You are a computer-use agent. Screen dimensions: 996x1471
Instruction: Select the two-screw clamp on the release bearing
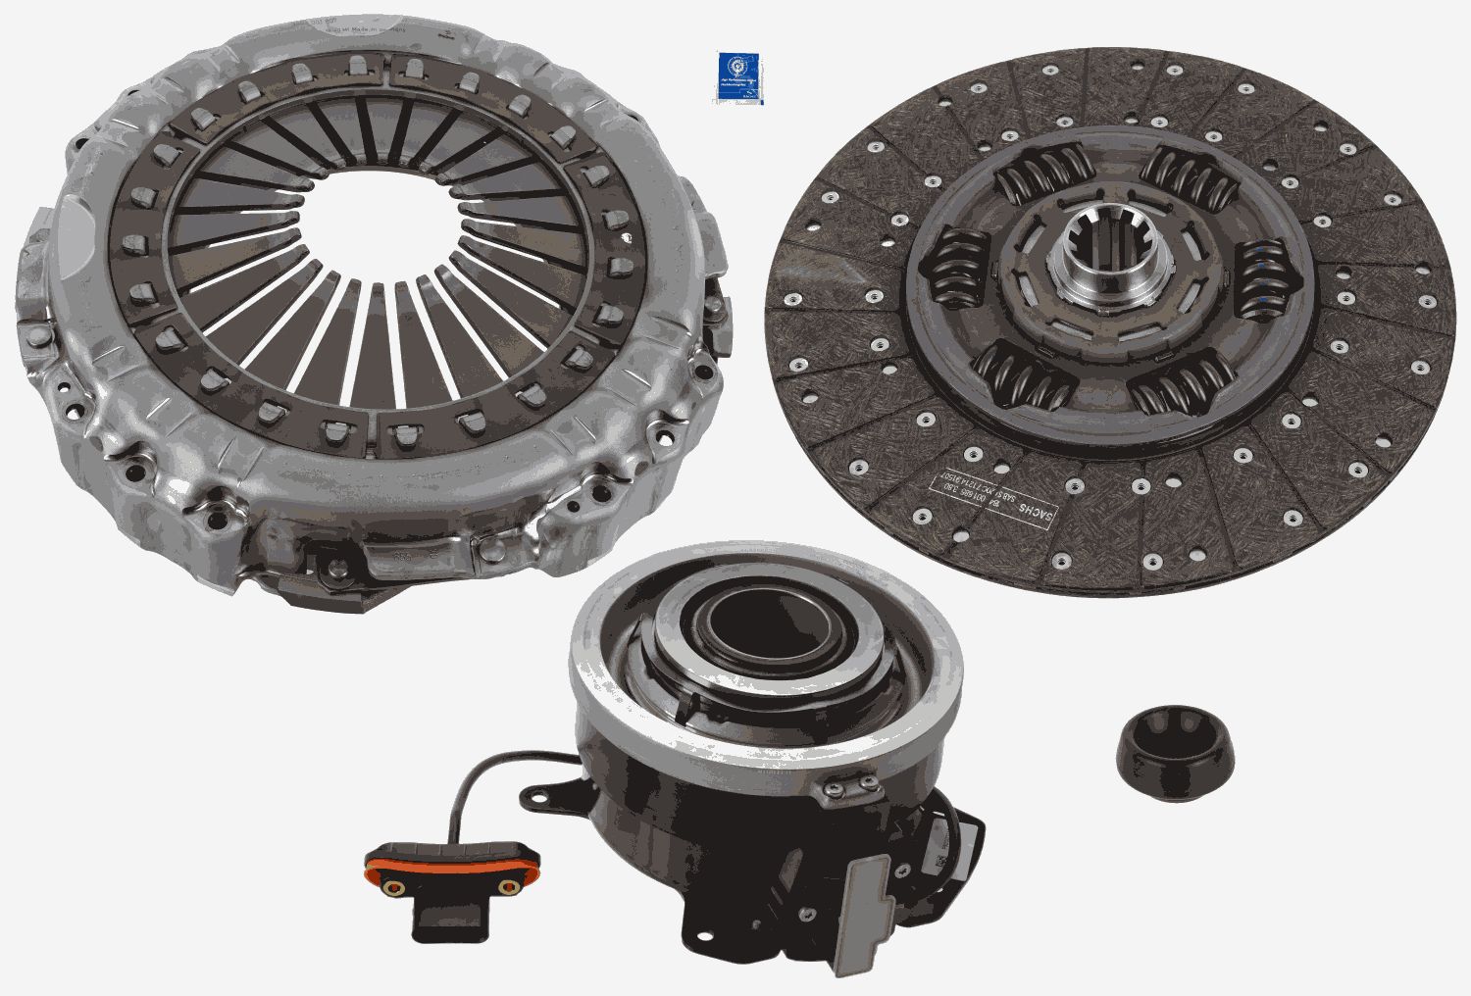point(849,784)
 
